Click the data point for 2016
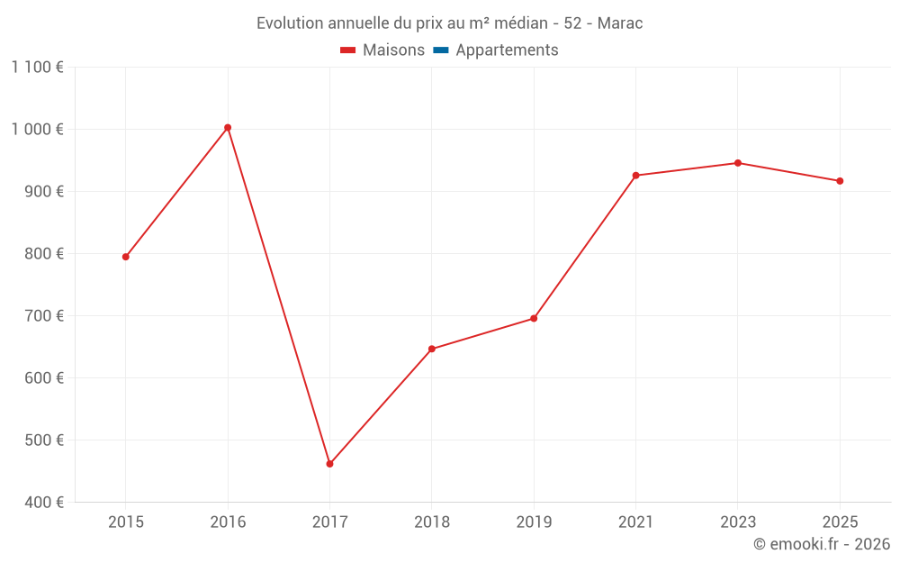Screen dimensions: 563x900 click(x=228, y=128)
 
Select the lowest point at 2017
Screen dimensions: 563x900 click(x=329, y=464)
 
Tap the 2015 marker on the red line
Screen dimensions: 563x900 click(x=126, y=257)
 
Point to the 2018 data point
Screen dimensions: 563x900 click(x=432, y=349)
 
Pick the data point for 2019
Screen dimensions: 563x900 click(x=534, y=318)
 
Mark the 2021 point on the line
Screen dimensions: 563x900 click(x=635, y=176)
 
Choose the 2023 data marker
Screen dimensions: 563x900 click(x=738, y=163)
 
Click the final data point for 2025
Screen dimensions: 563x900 click(x=840, y=181)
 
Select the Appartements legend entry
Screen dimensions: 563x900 click(x=507, y=50)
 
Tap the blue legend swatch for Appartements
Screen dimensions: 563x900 click(x=440, y=50)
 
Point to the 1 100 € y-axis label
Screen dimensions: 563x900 click(x=38, y=68)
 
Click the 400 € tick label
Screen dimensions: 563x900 click(x=43, y=503)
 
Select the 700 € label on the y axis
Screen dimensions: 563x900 click(x=43, y=316)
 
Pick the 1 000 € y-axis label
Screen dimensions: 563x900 click(x=38, y=130)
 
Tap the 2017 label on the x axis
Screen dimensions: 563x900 click(x=329, y=522)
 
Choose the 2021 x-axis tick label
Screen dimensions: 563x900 click(x=635, y=522)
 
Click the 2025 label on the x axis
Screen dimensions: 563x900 click(x=840, y=522)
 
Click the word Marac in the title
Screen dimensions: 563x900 click(x=619, y=23)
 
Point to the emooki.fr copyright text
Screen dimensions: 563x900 click(x=822, y=544)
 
